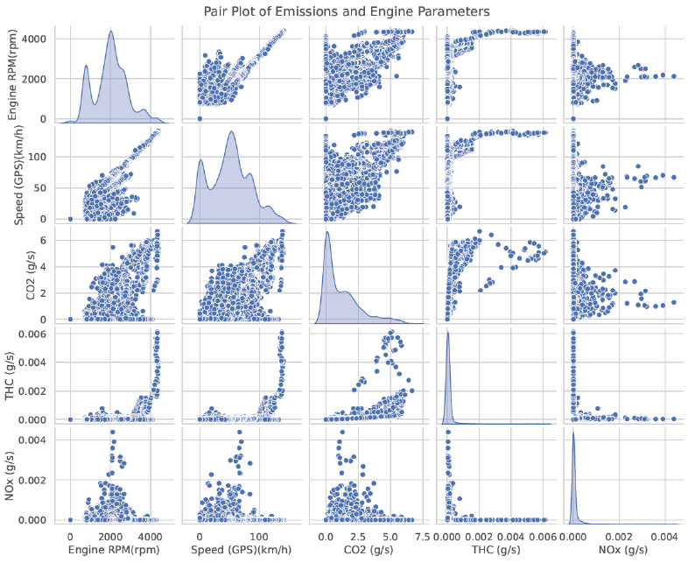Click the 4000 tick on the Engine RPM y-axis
(x=34, y=39)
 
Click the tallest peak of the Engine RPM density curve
(x=110, y=32)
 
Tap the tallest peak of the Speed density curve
(x=231, y=131)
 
